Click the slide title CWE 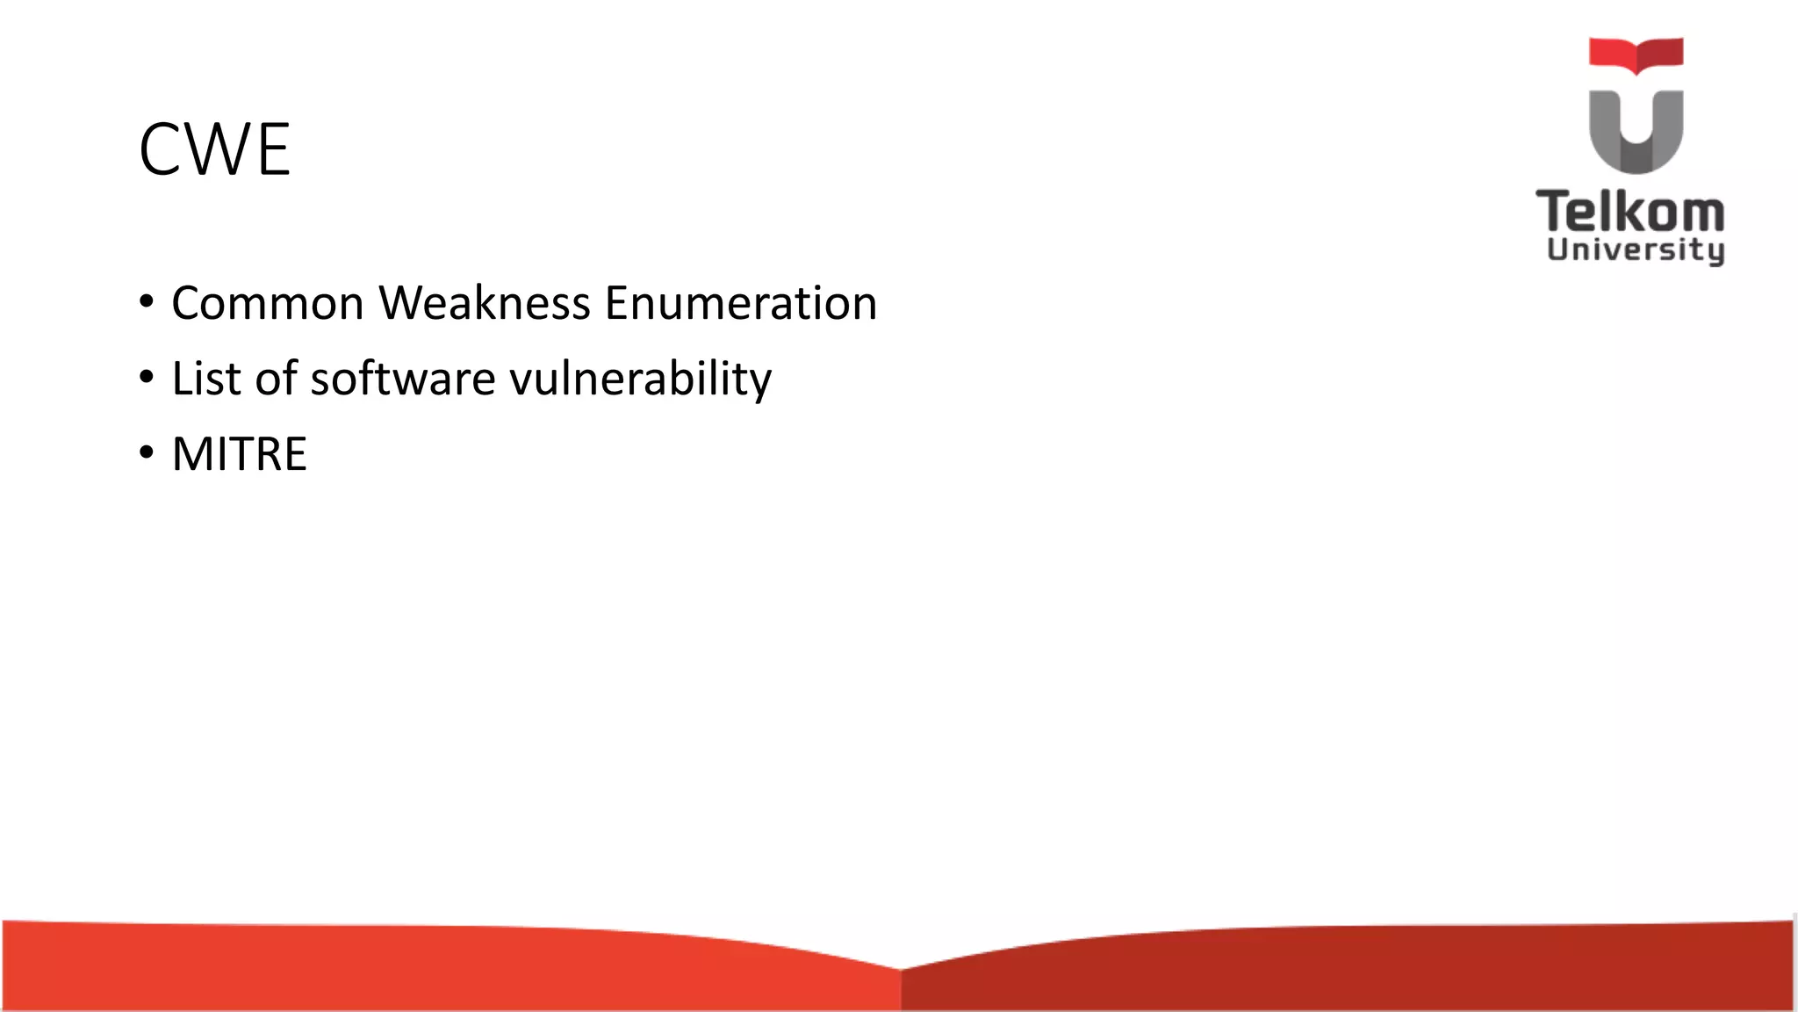coord(214,150)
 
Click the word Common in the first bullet coord(268,303)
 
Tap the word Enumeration coord(741,303)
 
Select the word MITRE coord(239,454)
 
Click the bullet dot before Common coord(147,302)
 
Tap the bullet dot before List coord(147,378)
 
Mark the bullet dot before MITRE coord(147,453)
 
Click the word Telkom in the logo coord(1630,213)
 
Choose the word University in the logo coord(1636,249)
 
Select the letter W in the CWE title coord(218,150)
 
